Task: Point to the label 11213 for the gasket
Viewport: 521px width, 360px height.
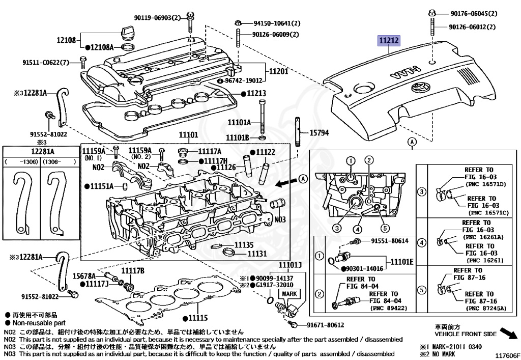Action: (256, 94)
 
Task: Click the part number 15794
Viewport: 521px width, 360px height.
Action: (320, 133)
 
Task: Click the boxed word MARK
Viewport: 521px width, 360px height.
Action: (290, 294)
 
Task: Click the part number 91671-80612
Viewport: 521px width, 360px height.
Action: (325, 325)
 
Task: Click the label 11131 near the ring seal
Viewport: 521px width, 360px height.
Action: (257, 253)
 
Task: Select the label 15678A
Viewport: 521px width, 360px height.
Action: (84, 275)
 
